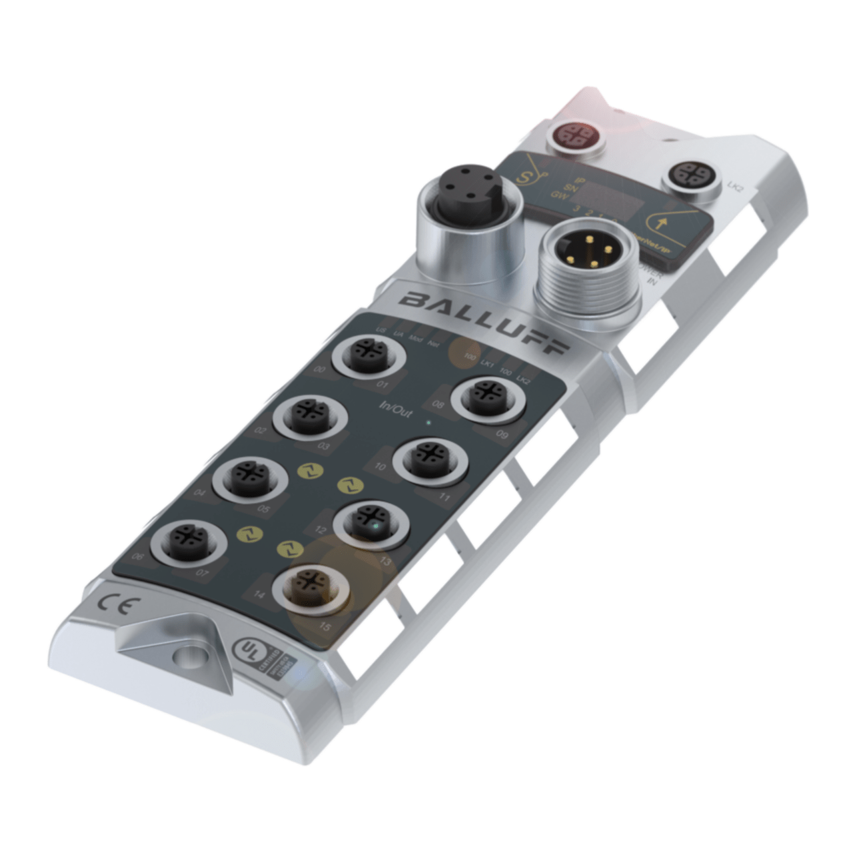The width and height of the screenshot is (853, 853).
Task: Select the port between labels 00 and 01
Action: click(x=369, y=355)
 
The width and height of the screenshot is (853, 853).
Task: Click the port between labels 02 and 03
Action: click(x=309, y=416)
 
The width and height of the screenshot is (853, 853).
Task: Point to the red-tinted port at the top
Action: click(x=574, y=135)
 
